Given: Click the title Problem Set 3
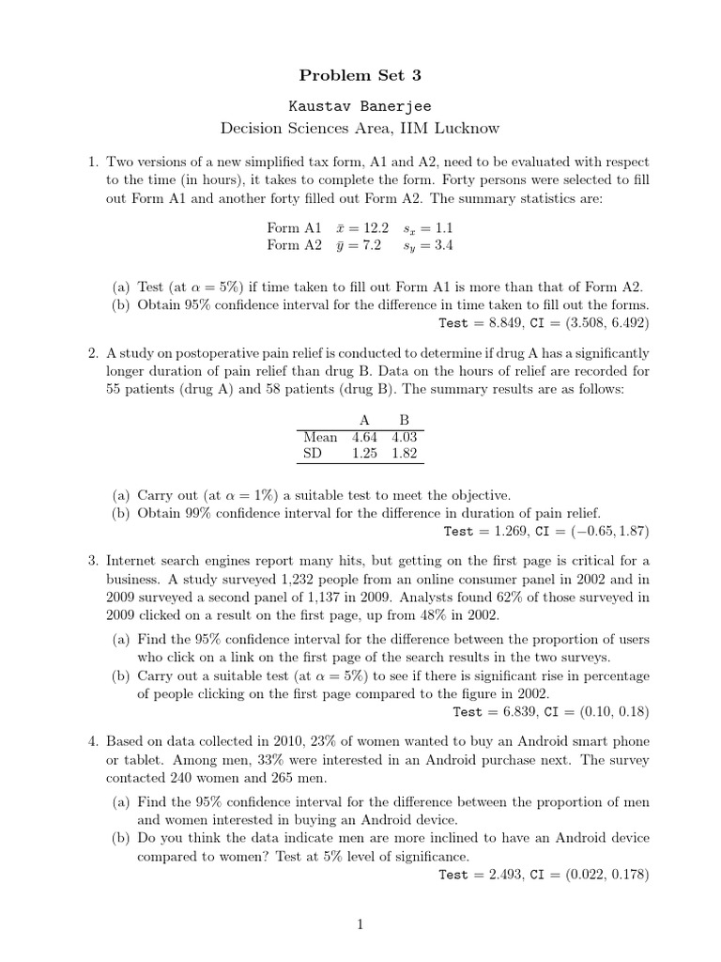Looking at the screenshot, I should coord(360,74).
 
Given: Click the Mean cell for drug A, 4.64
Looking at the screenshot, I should coord(366,437).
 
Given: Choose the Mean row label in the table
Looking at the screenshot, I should coord(320,437).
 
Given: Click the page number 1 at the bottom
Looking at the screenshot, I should coord(360,925).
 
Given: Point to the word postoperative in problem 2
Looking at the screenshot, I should coord(207,352).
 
